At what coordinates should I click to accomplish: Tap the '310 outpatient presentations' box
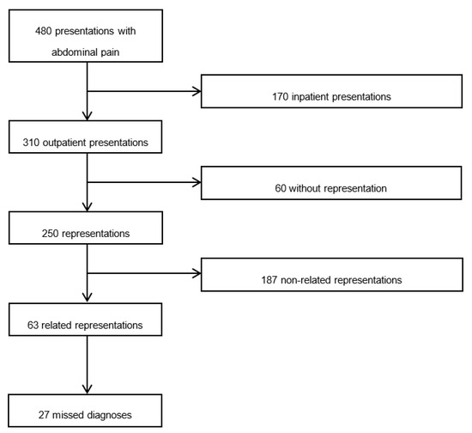point(87,141)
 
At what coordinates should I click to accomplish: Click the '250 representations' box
point(87,231)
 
